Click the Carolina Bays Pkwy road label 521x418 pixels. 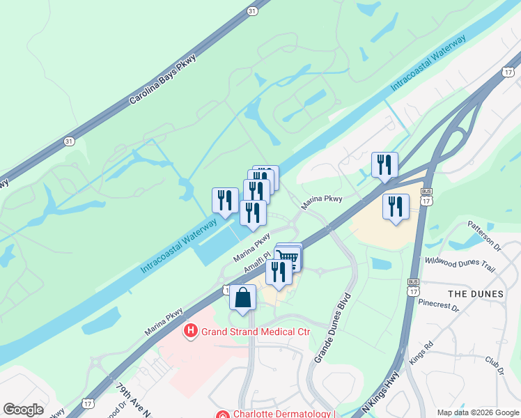pyautogui.click(x=164, y=81)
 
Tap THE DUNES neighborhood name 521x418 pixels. pyautogui.click(x=476, y=294)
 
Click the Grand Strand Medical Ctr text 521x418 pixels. pyautogui.click(x=255, y=332)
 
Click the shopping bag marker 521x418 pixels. pyautogui.click(x=242, y=298)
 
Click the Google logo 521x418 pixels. pyautogui.click(x=23, y=410)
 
